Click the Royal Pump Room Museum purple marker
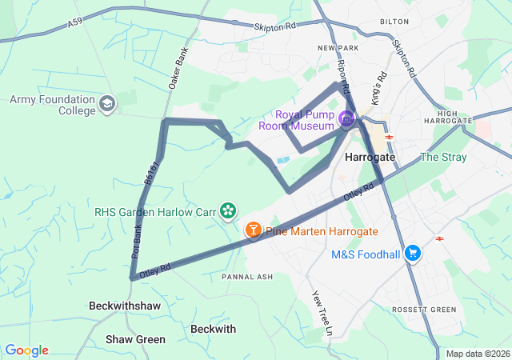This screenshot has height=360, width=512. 346,120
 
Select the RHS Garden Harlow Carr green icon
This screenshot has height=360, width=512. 228,211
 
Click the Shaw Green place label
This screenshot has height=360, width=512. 135,339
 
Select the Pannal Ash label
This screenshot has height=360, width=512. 247,277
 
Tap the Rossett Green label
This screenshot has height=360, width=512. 423,310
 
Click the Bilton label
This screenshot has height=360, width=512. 394,22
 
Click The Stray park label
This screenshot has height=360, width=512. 442,157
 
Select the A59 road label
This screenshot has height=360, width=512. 75,25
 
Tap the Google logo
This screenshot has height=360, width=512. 26,350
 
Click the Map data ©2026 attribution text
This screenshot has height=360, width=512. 478,354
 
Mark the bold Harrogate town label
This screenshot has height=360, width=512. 370,158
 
